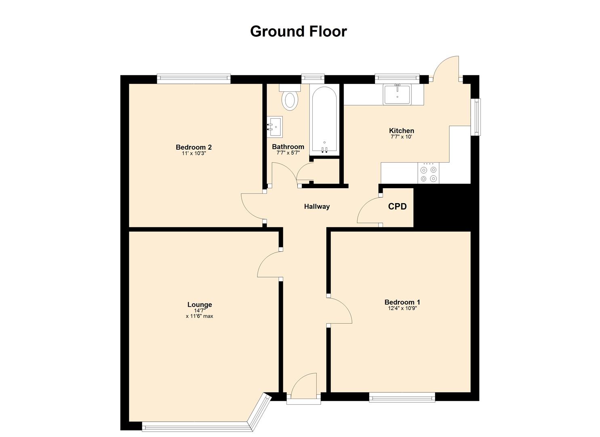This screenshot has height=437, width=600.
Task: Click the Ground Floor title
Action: pyautogui.click(x=298, y=31)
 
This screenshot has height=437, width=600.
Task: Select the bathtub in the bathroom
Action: pyautogui.click(x=324, y=121)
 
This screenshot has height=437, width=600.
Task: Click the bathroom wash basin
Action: pyautogui.click(x=276, y=127)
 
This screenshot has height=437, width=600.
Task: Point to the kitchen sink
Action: pyautogui.click(x=397, y=94)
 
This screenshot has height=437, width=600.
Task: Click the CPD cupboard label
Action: pyautogui.click(x=397, y=207)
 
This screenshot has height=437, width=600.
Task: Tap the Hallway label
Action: pyautogui.click(x=317, y=207)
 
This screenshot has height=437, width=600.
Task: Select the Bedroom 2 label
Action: pyautogui.click(x=194, y=147)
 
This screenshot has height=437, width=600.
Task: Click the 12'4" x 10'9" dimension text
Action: pyautogui.click(x=402, y=308)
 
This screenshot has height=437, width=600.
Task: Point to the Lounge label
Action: pyautogui.click(x=199, y=305)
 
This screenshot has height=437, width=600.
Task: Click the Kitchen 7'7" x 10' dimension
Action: pyautogui.click(x=401, y=137)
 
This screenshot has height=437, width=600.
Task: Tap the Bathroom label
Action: pyautogui.click(x=288, y=146)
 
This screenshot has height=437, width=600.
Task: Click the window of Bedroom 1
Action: pyautogui.click(x=402, y=398)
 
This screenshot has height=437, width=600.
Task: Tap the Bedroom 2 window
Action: pyautogui.click(x=194, y=78)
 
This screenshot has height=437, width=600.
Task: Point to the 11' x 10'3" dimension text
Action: pyautogui.click(x=194, y=153)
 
